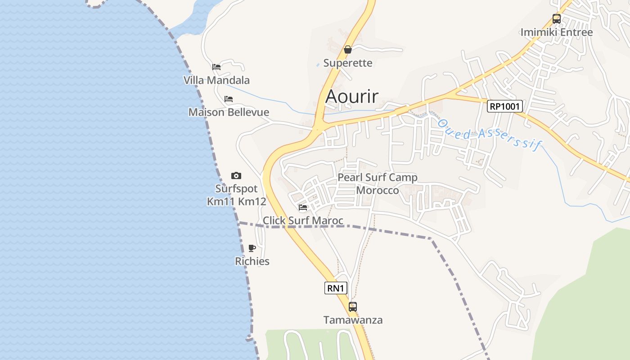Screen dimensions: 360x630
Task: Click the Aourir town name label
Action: (352, 96)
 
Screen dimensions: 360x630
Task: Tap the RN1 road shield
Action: (336, 288)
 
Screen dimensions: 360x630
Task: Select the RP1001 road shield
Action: (505, 106)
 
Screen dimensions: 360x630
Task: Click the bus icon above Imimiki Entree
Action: (557, 19)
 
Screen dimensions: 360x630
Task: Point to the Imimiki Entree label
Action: (557, 32)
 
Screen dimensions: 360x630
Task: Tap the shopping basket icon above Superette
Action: (348, 49)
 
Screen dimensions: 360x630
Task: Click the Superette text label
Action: (348, 63)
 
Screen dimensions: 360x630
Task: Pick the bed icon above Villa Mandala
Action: (216, 67)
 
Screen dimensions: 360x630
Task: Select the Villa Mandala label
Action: (216, 80)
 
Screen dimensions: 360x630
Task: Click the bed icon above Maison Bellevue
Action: (229, 99)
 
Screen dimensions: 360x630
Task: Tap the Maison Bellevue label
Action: (229, 112)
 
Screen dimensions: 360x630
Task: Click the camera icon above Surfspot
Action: (236, 175)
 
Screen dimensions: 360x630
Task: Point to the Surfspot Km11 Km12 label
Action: (237, 195)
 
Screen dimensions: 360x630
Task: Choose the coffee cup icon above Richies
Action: (252, 248)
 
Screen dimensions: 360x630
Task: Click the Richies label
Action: (252, 261)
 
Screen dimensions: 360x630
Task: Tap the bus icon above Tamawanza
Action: (353, 307)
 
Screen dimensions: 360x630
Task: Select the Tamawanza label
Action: (353, 320)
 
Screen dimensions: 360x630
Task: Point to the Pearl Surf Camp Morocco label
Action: (378, 184)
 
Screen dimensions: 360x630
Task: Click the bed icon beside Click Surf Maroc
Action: (303, 207)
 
